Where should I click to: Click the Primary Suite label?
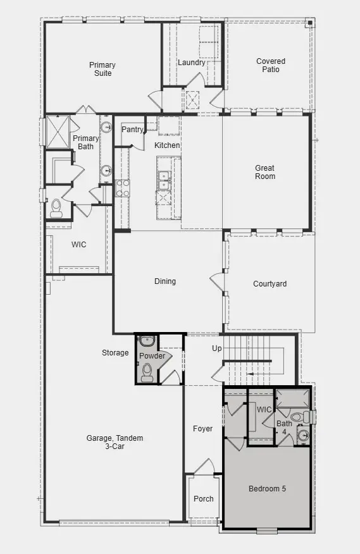tap(101, 69)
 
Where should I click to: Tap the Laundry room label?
tap(191, 63)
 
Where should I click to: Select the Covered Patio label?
tap(270, 65)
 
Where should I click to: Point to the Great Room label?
tap(265, 172)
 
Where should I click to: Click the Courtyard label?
tap(270, 284)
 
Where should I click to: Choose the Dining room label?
tap(165, 281)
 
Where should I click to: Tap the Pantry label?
tap(132, 130)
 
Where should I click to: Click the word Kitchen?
tap(167, 145)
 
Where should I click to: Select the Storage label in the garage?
tap(115, 353)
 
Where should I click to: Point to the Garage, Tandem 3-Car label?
tap(115, 442)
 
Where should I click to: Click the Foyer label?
tap(202, 429)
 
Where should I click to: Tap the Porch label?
tap(203, 499)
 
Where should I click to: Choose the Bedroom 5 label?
tap(267, 489)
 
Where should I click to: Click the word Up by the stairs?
tap(216, 349)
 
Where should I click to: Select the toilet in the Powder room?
tap(147, 371)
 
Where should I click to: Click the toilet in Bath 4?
tap(306, 417)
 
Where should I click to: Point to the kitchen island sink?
tap(164, 180)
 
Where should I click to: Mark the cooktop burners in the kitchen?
tap(122, 188)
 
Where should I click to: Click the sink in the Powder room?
tap(147, 342)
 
